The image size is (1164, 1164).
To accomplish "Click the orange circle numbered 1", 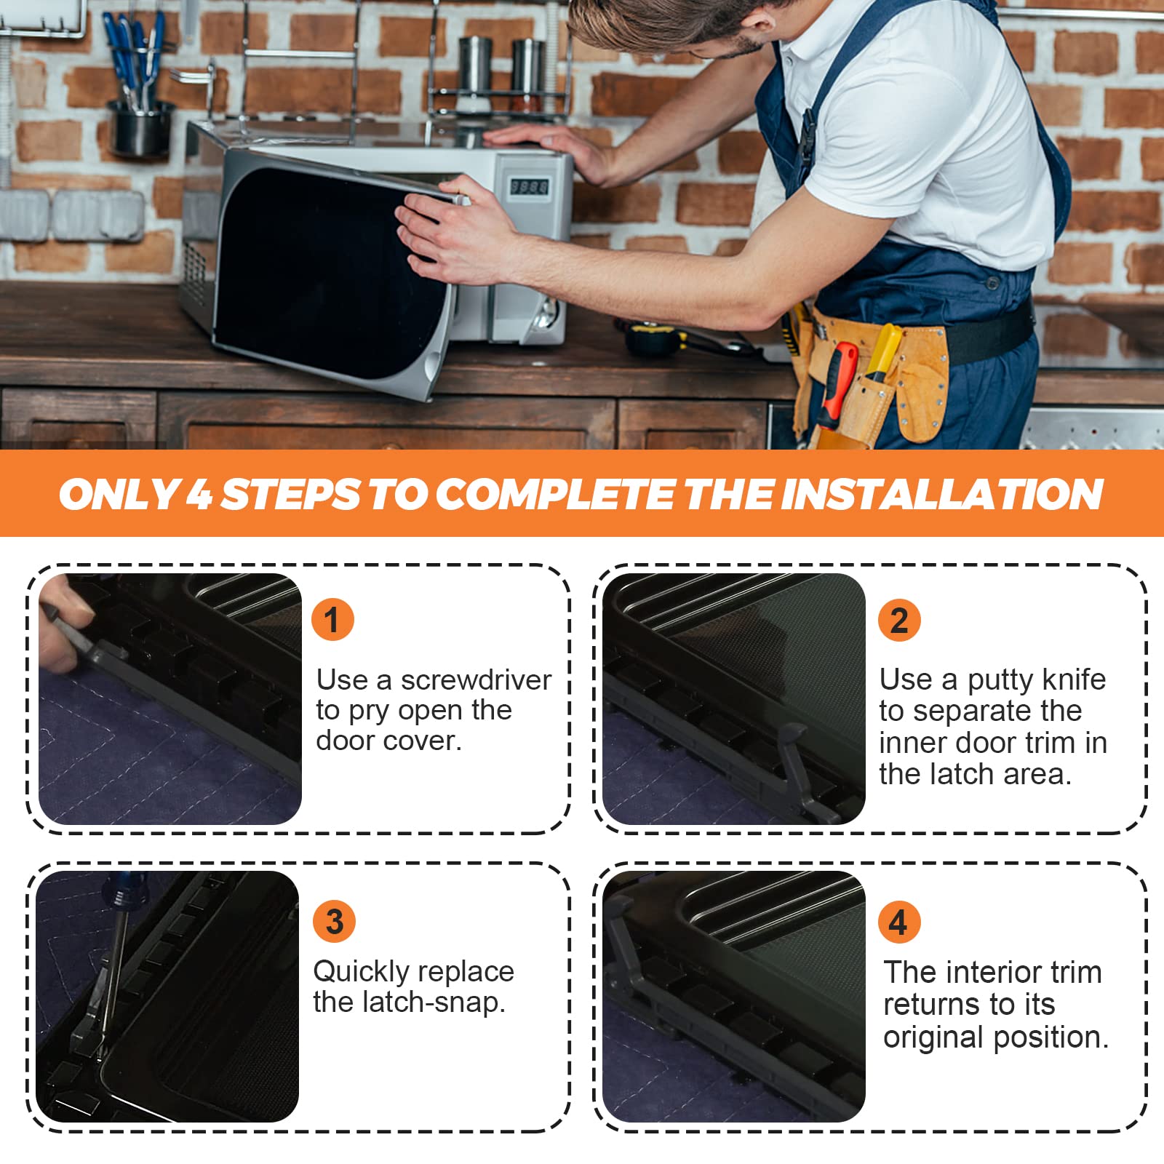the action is click(x=332, y=620).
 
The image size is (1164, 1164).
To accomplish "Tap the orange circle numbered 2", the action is click(x=899, y=620).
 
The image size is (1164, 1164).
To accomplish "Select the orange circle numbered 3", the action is click(x=334, y=921).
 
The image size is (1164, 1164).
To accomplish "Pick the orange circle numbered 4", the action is click(x=899, y=922).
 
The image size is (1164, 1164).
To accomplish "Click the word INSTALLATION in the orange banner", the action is click(x=942, y=494).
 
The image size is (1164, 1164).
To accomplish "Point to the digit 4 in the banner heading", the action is click(x=199, y=494).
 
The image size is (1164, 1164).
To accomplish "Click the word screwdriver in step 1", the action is click(x=476, y=680).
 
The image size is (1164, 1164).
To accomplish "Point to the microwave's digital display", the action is click(x=529, y=187).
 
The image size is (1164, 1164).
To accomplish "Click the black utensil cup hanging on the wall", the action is click(x=141, y=129).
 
